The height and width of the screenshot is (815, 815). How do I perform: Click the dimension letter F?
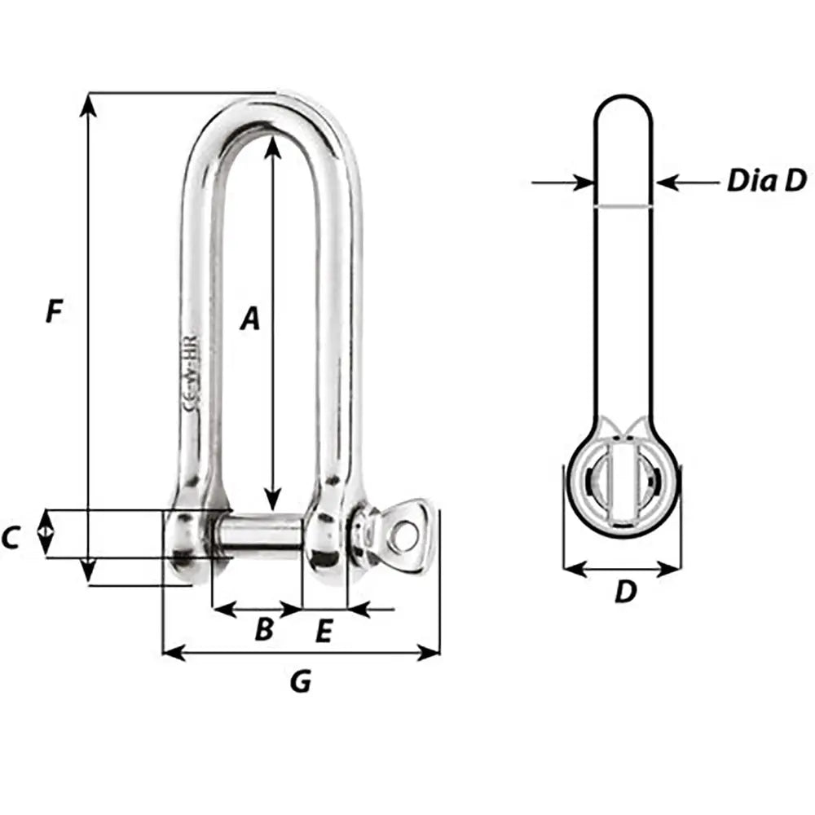tap(54, 311)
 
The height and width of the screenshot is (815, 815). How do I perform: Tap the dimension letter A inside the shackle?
tap(249, 319)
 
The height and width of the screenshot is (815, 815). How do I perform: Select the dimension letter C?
tap(11, 538)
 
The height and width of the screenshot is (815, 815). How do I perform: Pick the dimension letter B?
tap(263, 629)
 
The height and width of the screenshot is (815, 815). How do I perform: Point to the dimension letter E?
tap(324, 632)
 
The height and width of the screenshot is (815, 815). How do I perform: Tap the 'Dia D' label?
tap(765, 181)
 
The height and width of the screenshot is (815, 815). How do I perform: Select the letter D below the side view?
tap(624, 593)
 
